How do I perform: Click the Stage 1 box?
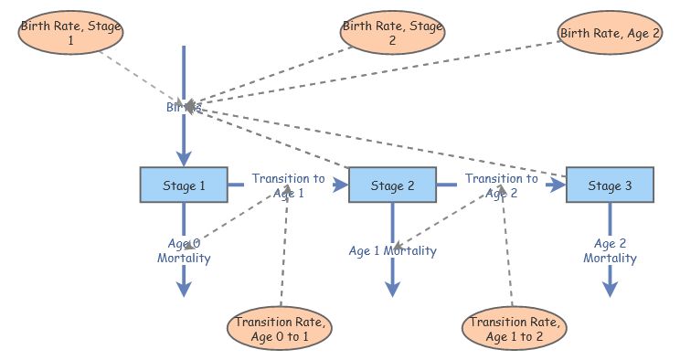[x=184, y=185]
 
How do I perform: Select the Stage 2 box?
[x=393, y=185]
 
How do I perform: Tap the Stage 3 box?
[x=610, y=185]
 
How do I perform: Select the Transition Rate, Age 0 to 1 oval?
[x=281, y=329]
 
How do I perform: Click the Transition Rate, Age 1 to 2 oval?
[x=513, y=329]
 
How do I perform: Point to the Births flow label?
[x=183, y=107]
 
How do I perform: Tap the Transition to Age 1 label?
[x=288, y=185]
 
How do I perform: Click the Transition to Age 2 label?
[x=500, y=185]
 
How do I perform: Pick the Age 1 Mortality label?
[x=393, y=250]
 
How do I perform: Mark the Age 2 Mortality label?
[x=610, y=250]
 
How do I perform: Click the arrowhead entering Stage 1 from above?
[x=184, y=159]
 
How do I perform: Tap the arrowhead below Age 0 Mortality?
[x=184, y=289]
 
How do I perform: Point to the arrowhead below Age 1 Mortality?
[x=393, y=289]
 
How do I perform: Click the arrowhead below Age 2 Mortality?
[x=610, y=289]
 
